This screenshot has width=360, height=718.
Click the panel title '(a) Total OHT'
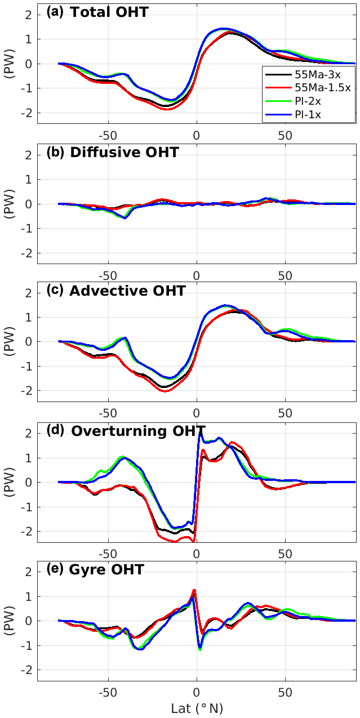click(x=97, y=12)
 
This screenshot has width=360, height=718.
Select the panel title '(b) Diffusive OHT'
click(x=112, y=152)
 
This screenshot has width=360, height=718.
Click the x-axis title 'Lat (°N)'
click(x=197, y=707)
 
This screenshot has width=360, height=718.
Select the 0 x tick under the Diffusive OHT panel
click(x=197, y=274)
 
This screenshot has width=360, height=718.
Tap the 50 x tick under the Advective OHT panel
click(x=285, y=413)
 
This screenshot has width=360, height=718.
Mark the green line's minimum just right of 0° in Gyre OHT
click(x=200, y=649)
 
